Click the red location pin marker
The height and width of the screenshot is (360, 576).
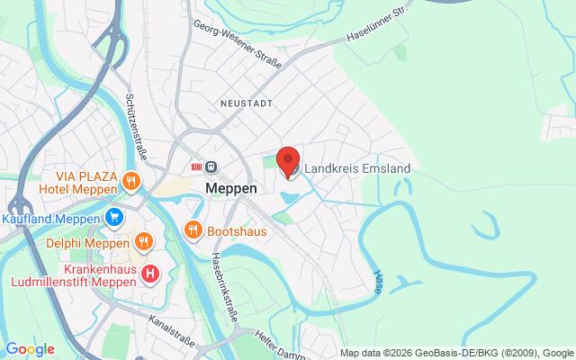pyautogui.click(x=288, y=160)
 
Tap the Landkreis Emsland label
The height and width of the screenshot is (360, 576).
pyautogui.click(x=358, y=168)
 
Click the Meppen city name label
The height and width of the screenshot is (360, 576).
pyautogui.click(x=232, y=189)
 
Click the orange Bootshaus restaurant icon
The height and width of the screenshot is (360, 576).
pyautogui.click(x=192, y=231)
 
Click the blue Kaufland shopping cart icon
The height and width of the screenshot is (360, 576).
pyautogui.click(x=114, y=217)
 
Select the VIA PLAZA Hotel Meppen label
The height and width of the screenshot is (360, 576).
pyautogui.click(x=78, y=182)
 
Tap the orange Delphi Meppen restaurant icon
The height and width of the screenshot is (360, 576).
pyautogui.click(x=143, y=241)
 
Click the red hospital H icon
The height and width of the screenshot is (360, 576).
pyautogui.click(x=150, y=271)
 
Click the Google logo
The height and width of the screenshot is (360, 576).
pyautogui.click(x=31, y=348)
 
